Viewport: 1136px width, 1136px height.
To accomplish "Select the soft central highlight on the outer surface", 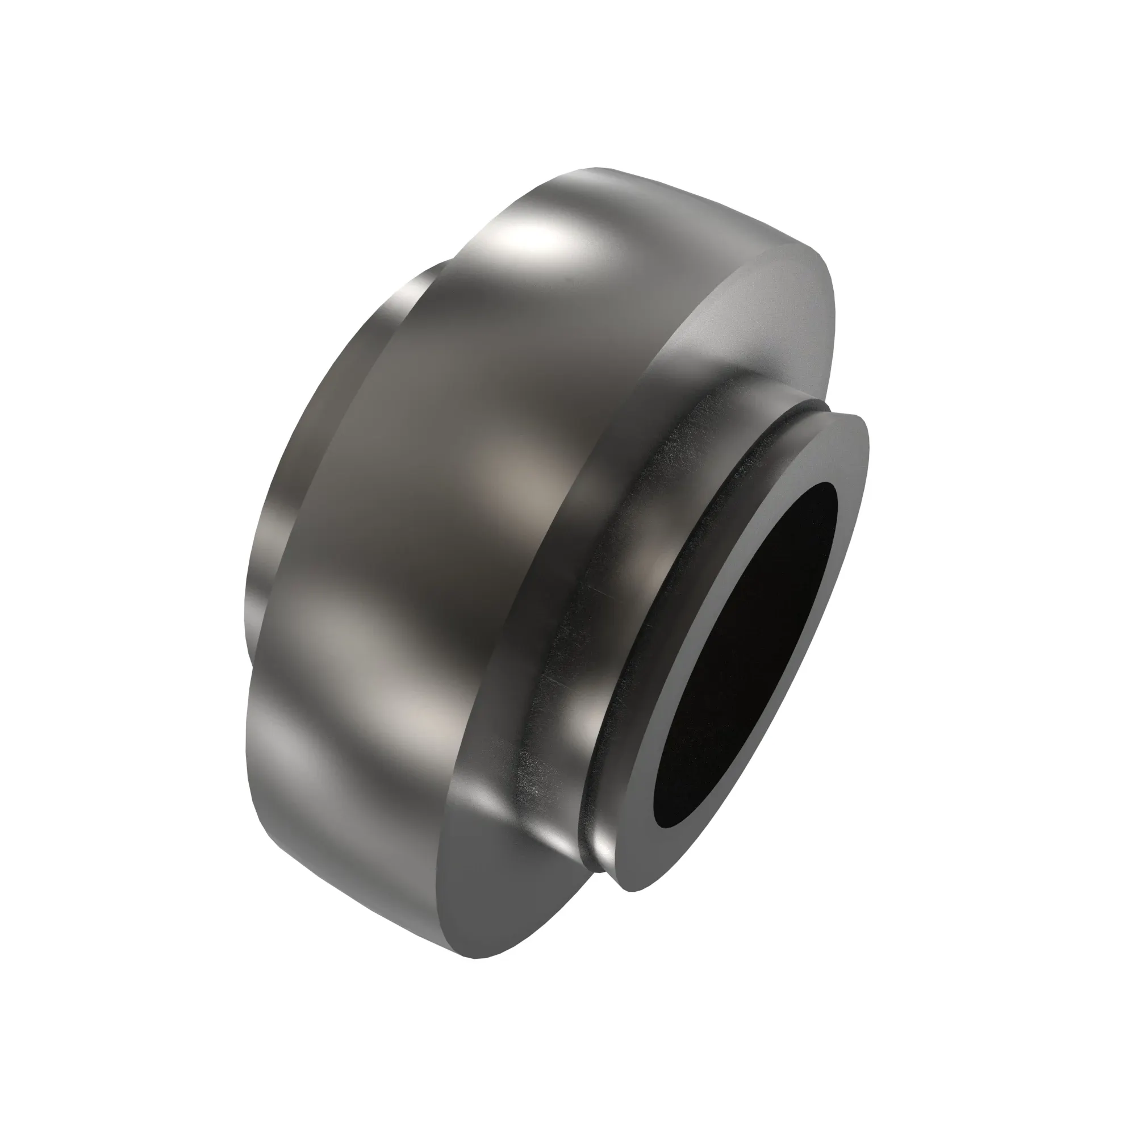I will point(512,470).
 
